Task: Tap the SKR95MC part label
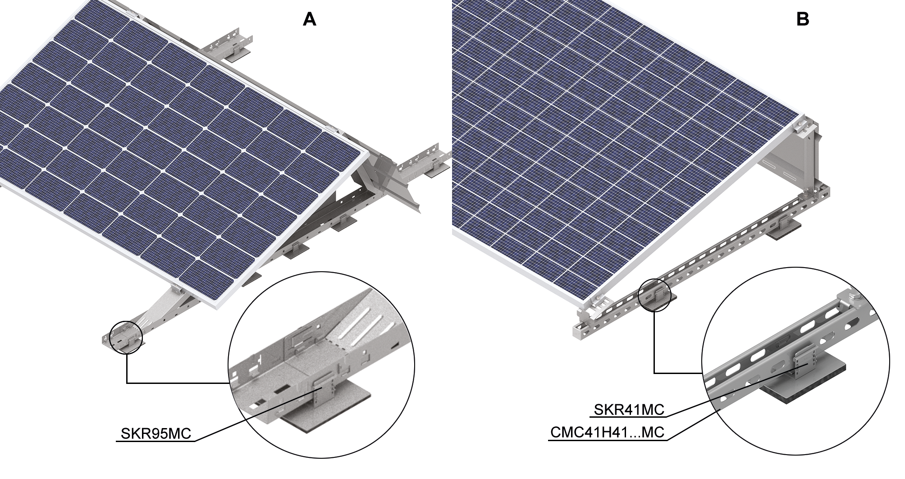coord(156,433)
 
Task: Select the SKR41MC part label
coord(629,409)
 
